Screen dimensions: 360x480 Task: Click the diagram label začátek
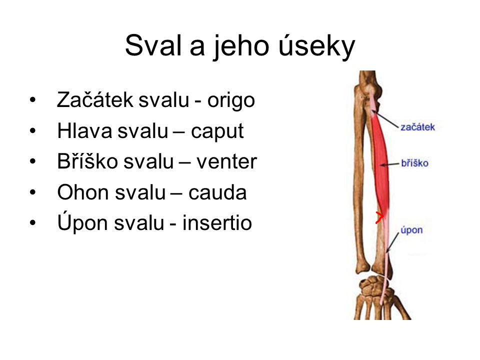(x=417, y=127)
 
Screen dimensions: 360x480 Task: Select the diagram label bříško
(x=414, y=163)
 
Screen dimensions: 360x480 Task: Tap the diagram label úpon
(x=411, y=230)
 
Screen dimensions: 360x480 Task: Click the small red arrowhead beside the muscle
(x=380, y=217)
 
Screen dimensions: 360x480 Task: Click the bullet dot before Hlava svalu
(x=33, y=132)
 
